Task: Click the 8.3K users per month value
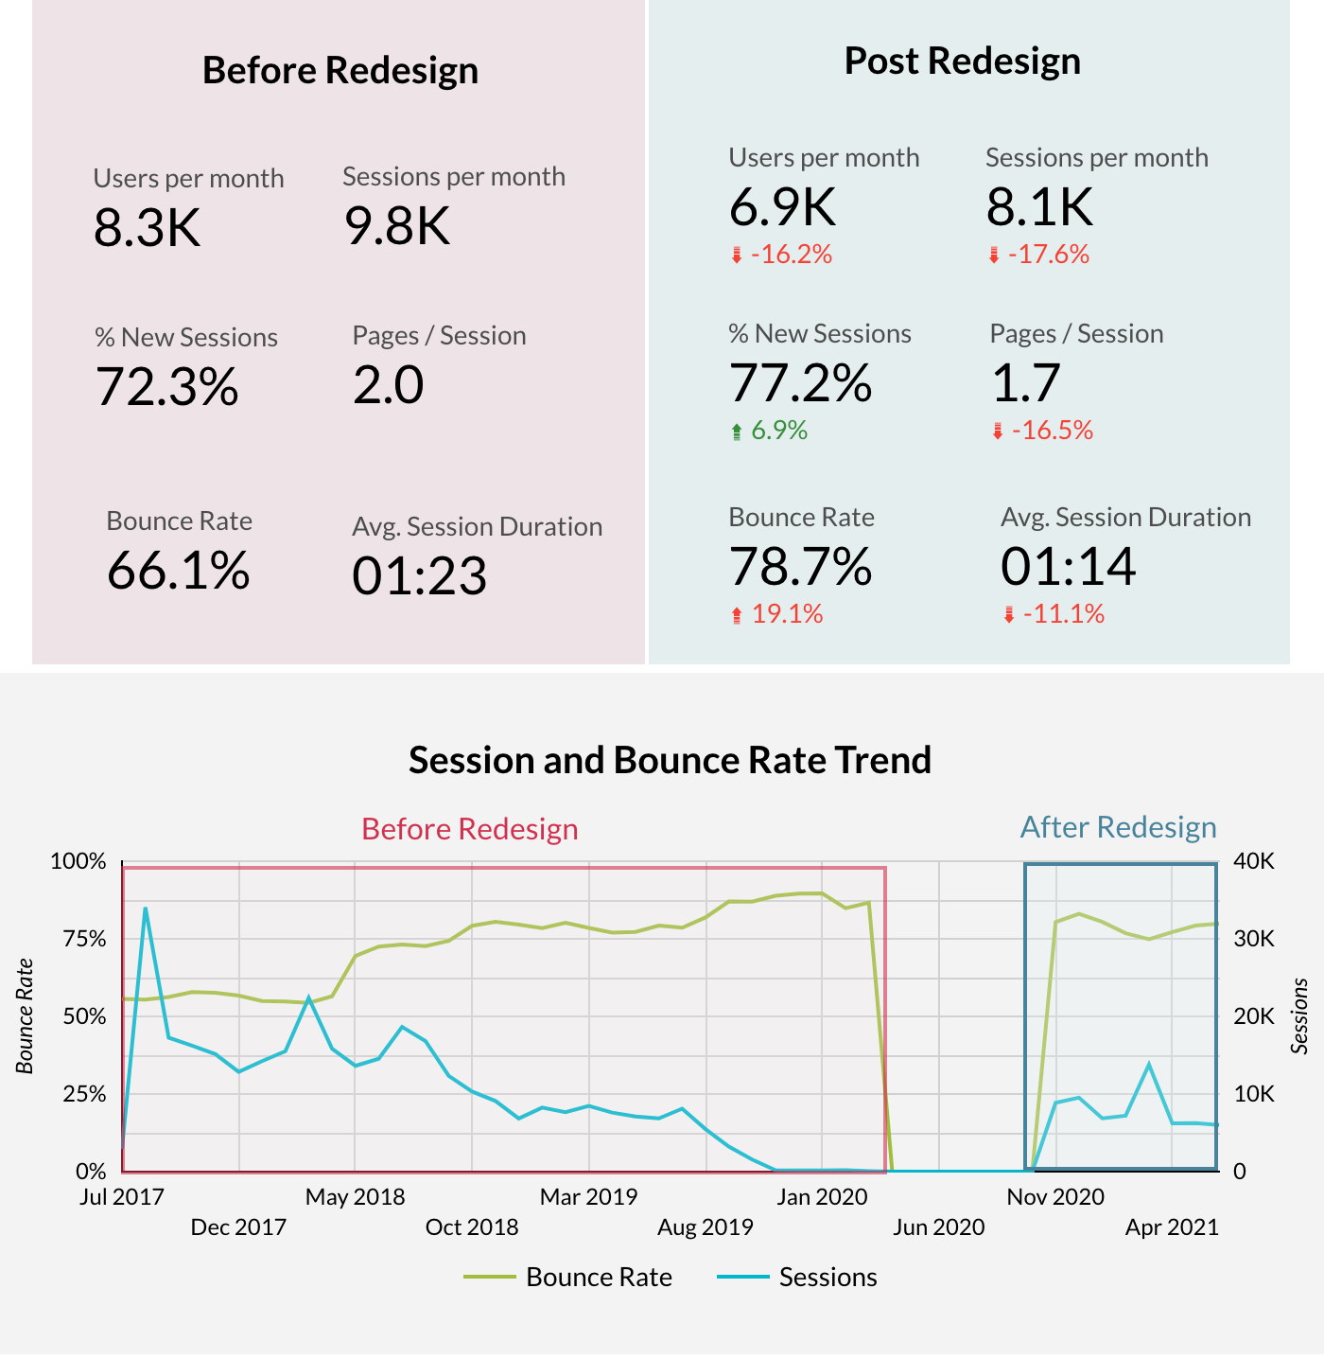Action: pyautogui.click(x=148, y=228)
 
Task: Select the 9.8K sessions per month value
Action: pyautogui.click(x=397, y=226)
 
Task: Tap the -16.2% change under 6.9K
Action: pyautogui.click(x=791, y=255)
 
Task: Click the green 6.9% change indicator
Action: pyautogui.click(x=778, y=431)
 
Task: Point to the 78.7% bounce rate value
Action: pyautogui.click(x=800, y=567)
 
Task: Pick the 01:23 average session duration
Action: pyautogui.click(x=419, y=576)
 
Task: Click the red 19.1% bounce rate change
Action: pyautogui.click(x=786, y=614)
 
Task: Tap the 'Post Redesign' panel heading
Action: pyautogui.click(x=962, y=61)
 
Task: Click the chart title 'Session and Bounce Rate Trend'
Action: pyautogui.click(x=670, y=760)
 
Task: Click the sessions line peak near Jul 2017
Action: pyautogui.click(x=146, y=909)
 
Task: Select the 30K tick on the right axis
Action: pyautogui.click(x=1254, y=939)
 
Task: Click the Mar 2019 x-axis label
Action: pyautogui.click(x=588, y=1197)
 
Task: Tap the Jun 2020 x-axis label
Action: pyautogui.click(x=938, y=1227)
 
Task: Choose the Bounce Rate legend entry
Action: pyautogui.click(x=598, y=1278)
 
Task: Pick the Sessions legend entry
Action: pyautogui.click(x=827, y=1278)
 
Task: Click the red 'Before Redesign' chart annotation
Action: pyautogui.click(x=469, y=829)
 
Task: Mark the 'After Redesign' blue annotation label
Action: pyautogui.click(x=1118, y=827)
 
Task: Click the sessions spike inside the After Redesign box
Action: pyautogui.click(x=1149, y=1065)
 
